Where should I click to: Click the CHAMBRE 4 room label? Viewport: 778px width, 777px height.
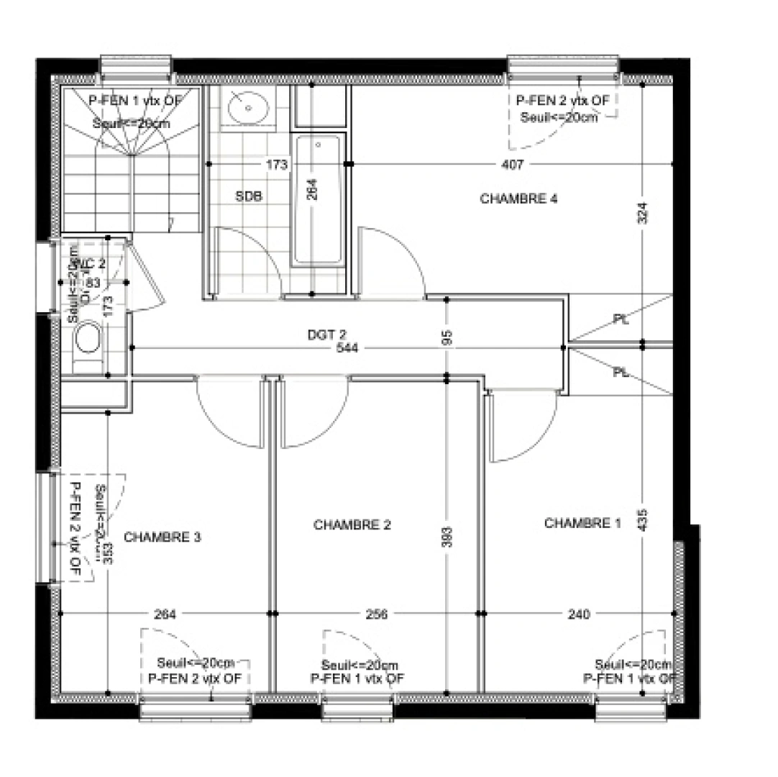click(x=518, y=199)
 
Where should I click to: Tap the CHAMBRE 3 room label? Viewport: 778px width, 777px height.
click(x=163, y=537)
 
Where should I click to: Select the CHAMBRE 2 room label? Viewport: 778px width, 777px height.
click(x=352, y=525)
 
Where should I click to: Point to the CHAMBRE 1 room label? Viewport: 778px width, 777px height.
click(x=582, y=523)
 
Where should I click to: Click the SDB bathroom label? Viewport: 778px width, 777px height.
click(x=249, y=196)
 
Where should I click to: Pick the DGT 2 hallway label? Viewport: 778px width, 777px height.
click(x=327, y=334)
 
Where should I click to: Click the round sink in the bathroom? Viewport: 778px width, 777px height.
click(x=248, y=109)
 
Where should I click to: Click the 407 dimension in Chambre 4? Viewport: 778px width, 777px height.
click(x=511, y=165)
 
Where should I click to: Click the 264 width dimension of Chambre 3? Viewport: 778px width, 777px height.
click(x=165, y=614)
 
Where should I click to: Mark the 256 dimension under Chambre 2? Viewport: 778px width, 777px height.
click(x=376, y=614)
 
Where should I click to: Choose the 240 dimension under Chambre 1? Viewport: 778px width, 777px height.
click(x=578, y=614)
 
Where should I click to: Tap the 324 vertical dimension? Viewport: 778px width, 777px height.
click(x=643, y=213)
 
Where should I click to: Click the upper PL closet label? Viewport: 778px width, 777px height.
click(x=621, y=319)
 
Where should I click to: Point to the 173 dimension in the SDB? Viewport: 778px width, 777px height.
click(x=277, y=165)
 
